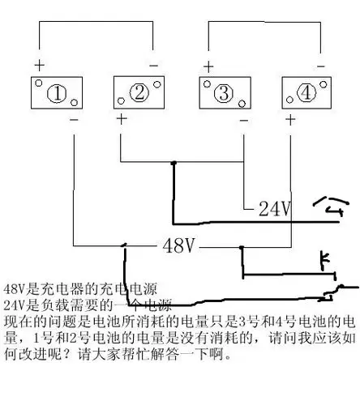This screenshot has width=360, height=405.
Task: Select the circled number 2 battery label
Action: click(140, 93)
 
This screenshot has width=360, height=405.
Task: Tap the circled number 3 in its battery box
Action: click(224, 93)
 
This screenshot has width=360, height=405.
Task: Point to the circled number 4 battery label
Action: click(306, 93)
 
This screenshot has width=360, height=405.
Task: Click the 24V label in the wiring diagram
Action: click(274, 209)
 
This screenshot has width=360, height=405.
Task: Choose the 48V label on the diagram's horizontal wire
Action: click(179, 245)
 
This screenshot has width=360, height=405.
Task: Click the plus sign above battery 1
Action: click(37, 64)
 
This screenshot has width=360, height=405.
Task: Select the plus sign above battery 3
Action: click(208, 65)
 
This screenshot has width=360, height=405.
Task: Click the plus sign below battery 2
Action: click(121, 119)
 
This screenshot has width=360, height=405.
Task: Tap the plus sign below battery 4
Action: click(289, 120)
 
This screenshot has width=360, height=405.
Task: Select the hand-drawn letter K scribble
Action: click(324, 261)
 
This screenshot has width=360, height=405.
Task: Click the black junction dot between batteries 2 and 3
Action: click(173, 164)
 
